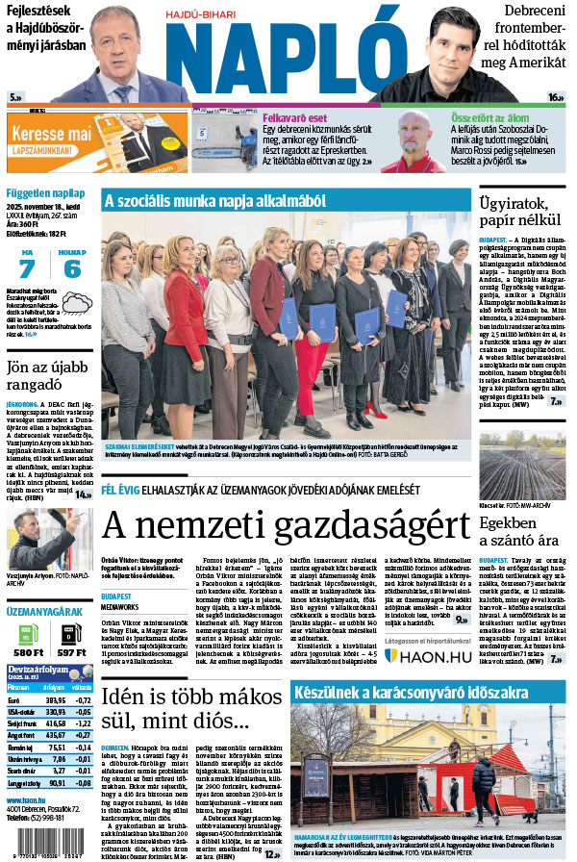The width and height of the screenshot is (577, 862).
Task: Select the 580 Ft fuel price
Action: (x=27, y=654)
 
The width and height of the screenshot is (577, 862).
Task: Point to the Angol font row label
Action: (x=19, y=734)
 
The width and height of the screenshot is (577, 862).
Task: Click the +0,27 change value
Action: (x=82, y=734)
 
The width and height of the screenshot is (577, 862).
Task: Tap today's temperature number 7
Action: (x=26, y=268)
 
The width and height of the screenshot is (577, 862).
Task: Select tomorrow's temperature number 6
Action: (x=72, y=268)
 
